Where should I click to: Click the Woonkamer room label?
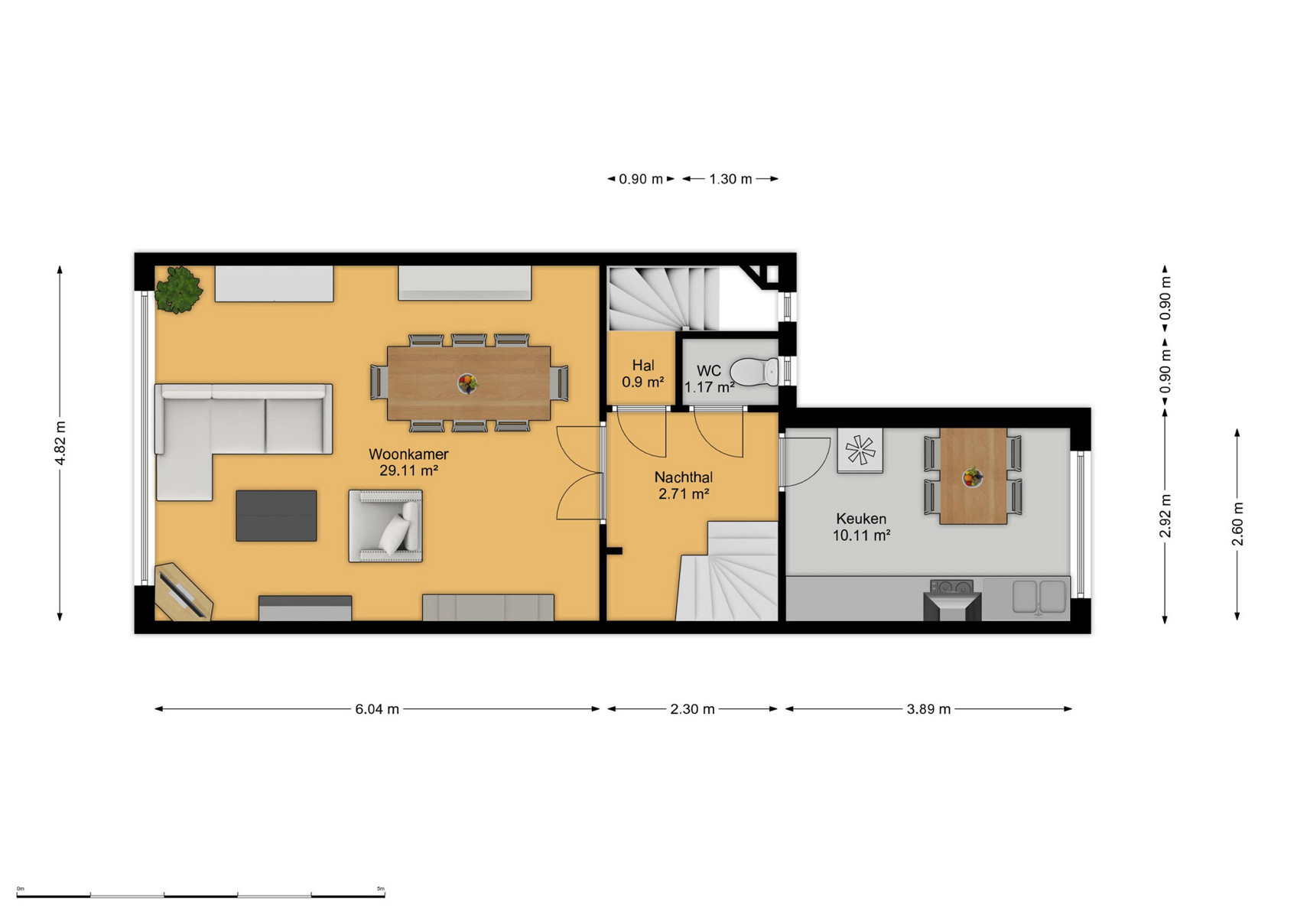click(x=408, y=454)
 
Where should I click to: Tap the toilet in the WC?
click(x=755, y=371)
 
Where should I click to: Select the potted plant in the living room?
click(x=179, y=290)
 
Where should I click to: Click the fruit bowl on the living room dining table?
click(x=467, y=382)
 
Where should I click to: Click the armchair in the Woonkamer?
click(x=385, y=526)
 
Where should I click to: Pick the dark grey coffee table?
click(x=276, y=516)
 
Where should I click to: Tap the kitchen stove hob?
click(x=952, y=587)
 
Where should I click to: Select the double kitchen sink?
click(x=1039, y=597)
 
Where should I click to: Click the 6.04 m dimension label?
click(x=377, y=709)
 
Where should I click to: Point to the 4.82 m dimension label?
click(x=60, y=443)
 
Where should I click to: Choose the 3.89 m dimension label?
click(x=928, y=709)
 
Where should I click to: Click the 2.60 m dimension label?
click(x=1237, y=524)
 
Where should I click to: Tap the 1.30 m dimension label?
click(x=731, y=179)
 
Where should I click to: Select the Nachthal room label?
click(x=683, y=477)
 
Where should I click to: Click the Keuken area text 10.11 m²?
click(x=861, y=535)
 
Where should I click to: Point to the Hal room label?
click(x=643, y=366)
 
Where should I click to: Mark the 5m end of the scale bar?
click(x=385, y=896)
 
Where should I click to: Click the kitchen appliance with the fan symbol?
click(x=860, y=450)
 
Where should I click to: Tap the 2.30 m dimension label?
click(x=693, y=709)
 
